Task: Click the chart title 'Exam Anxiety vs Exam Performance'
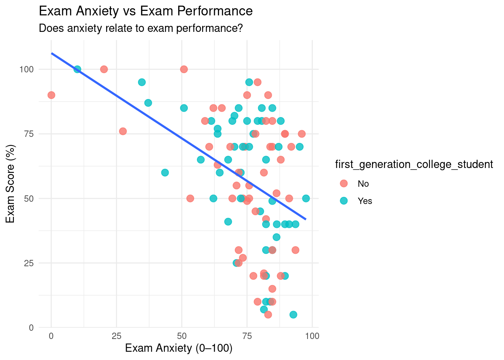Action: [145, 11]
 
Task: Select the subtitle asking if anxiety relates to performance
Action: [141, 28]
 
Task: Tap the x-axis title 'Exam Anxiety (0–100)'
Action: [178, 348]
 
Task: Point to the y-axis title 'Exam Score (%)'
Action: [10, 184]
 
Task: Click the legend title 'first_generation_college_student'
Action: [414, 164]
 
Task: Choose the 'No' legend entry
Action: [363, 184]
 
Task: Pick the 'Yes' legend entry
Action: [364, 201]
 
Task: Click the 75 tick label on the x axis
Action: [247, 336]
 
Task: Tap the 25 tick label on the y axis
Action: [28, 263]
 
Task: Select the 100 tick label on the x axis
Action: [312, 336]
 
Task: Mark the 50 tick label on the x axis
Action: [181, 336]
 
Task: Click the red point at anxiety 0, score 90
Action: [51, 95]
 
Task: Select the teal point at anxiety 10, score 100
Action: [77, 69]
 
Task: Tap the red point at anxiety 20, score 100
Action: [104, 69]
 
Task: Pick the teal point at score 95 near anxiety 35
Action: [142, 82]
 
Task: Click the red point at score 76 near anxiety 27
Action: [123, 131]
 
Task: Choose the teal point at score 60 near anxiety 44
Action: [165, 172]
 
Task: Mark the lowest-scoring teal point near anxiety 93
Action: [293, 315]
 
